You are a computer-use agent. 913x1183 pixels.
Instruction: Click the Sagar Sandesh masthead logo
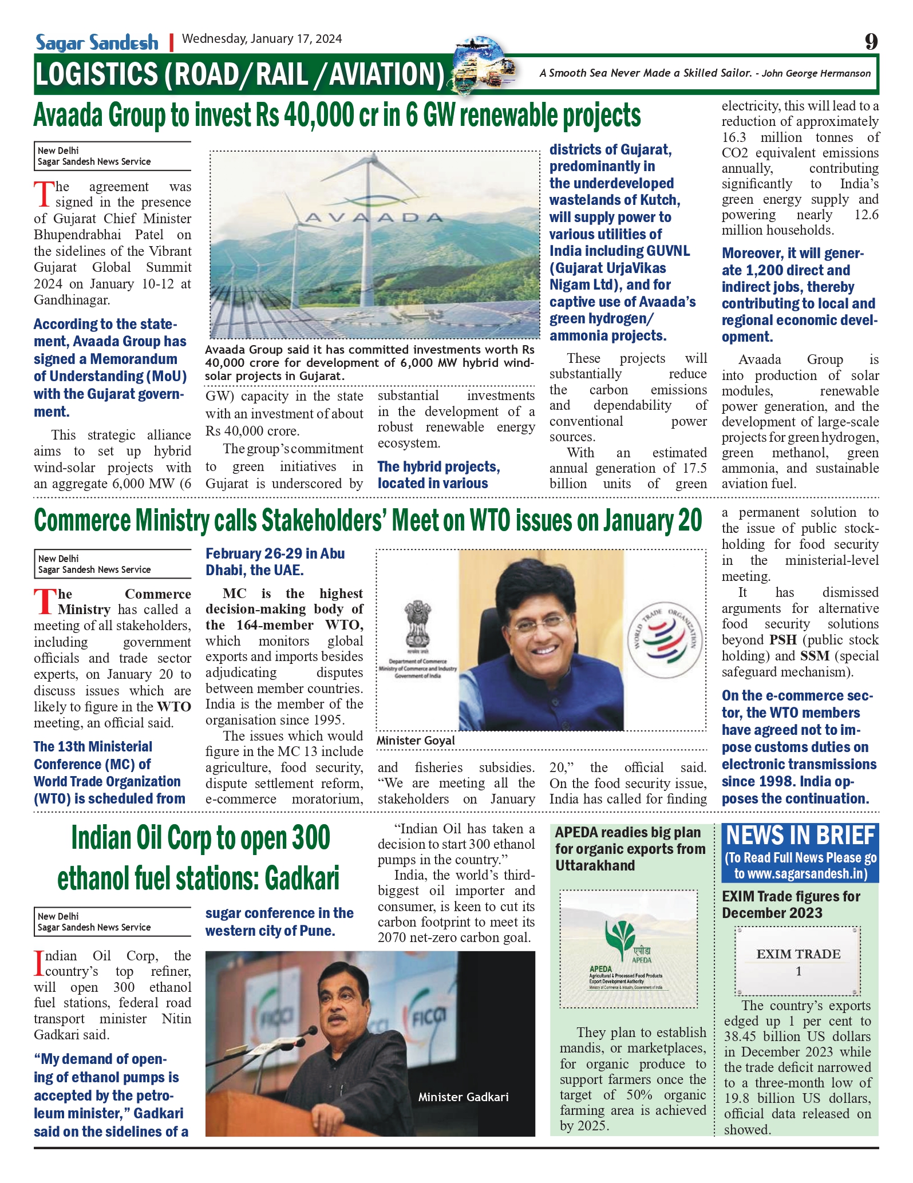[x=97, y=42]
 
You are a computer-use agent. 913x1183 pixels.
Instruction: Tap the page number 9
[x=871, y=41]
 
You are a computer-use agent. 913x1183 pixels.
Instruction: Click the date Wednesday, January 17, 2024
[x=262, y=39]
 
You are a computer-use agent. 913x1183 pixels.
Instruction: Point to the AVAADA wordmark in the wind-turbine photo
[x=374, y=217]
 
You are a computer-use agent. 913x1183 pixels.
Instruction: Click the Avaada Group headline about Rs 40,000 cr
[x=337, y=116]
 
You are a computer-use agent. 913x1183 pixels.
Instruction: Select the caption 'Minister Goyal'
[x=416, y=741]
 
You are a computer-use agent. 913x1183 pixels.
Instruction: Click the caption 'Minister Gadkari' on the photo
[x=463, y=1097]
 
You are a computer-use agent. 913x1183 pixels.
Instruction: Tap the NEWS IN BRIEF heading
[x=800, y=836]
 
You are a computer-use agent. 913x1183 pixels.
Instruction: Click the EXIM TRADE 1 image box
[x=798, y=962]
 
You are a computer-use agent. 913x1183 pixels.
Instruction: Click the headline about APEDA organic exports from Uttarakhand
[x=630, y=849]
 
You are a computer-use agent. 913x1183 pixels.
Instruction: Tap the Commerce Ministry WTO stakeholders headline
[x=367, y=520]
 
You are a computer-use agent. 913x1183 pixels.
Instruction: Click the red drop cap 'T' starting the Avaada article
[x=44, y=195]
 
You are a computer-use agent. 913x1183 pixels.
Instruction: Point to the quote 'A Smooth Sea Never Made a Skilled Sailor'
[x=645, y=73]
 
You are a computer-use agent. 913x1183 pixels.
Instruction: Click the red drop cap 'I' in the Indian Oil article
[x=38, y=963]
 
